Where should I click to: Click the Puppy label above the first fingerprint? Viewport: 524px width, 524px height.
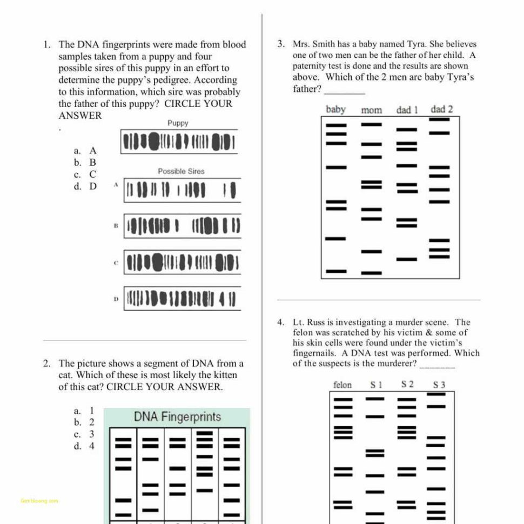178,123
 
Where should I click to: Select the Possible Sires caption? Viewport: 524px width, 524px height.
181,171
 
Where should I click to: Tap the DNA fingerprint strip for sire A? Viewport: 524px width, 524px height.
182,190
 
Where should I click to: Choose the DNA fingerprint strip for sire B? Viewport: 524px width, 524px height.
182,226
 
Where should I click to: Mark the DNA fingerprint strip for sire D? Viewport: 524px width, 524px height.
182,298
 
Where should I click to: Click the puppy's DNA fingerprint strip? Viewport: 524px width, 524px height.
179,142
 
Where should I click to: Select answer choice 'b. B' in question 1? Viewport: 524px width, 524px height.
85,162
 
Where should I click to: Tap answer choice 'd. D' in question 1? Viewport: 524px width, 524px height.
85,186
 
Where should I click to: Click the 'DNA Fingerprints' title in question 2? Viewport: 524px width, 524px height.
177,417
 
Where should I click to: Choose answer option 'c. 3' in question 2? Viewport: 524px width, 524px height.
84,434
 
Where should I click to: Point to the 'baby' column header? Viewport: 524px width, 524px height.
335,110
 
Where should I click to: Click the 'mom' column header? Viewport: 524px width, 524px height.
371,110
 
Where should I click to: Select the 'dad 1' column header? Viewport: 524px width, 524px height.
407,110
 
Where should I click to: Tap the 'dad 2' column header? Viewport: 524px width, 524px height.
441,110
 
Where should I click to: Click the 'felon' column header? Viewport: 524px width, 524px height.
342,385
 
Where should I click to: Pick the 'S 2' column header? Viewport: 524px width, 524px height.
407,385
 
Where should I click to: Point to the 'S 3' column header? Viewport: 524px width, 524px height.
439,385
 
